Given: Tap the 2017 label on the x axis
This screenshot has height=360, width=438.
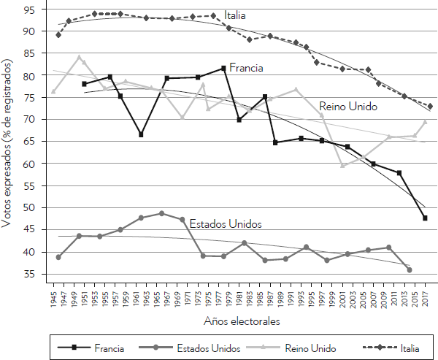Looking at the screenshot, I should pyautogui.click(x=425, y=297).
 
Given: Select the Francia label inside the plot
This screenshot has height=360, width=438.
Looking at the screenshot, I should pyautogui.click(x=246, y=68).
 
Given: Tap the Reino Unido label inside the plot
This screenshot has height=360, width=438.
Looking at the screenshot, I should pyautogui.click(x=348, y=107).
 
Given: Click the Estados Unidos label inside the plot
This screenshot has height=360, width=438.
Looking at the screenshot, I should pyautogui.click(x=225, y=223).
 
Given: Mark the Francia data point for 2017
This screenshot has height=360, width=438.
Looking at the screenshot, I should pyautogui.click(x=425, y=218).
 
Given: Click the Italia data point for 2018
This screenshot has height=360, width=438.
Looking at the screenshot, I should pyautogui.click(x=430, y=106).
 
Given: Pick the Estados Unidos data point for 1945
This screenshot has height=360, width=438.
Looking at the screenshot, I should pyautogui.click(x=58, y=257).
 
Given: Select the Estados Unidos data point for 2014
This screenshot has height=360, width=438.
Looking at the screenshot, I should pyautogui.click(x=410, y=269).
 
